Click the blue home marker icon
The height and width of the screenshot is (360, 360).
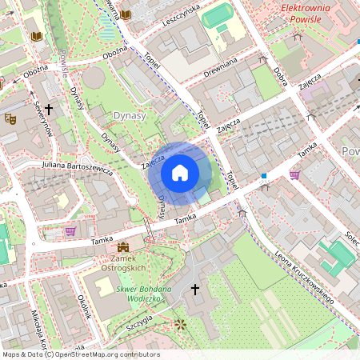click(180, 173)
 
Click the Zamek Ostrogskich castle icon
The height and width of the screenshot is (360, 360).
click(123, 249)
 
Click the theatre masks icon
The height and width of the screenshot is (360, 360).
click(10, 118)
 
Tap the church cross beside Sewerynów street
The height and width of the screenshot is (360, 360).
click(49, 108)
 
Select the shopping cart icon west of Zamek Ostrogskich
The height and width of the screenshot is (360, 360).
click(70, 231)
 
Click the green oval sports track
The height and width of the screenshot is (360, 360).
click(217, 15)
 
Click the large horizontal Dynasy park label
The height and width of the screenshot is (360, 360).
click(130, 115)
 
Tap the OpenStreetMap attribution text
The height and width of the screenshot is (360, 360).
click(80, 354)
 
